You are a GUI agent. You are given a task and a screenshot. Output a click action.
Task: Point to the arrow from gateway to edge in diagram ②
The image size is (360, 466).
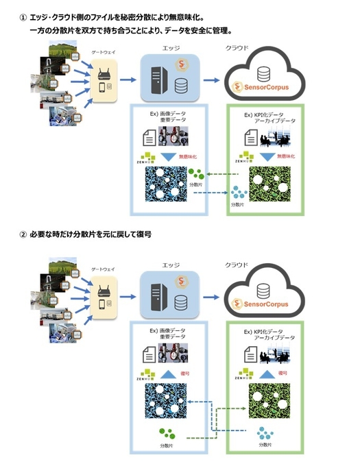127,298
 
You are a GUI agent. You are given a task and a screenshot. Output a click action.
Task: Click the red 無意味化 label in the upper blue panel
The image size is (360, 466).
187,156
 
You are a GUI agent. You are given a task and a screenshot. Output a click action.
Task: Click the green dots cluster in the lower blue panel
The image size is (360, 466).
167,434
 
